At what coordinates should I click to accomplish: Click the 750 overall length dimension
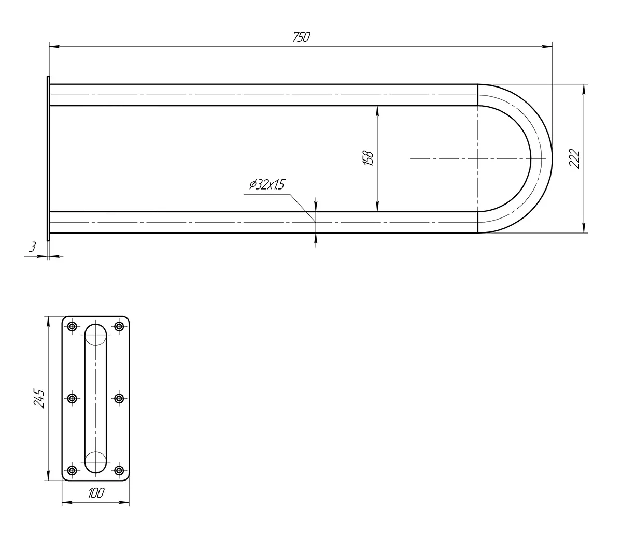click(x=302, y=37)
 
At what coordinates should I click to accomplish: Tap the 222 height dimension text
click(x=574, y=158)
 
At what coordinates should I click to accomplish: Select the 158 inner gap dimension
click(x=369, y=158)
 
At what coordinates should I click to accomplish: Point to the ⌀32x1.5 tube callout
click(x=267, y=184)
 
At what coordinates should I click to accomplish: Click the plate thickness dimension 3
click(x=32, y=247)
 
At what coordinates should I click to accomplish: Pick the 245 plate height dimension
click(x=39, y=399)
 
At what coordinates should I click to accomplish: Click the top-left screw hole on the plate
click(x=72, y=326)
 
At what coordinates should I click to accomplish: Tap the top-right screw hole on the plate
click(x=119, y=326)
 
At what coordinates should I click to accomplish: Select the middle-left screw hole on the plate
click(x=72, y=399)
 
